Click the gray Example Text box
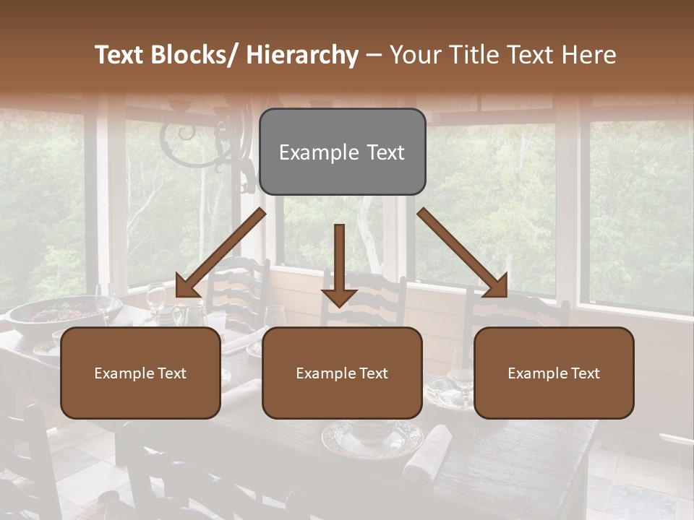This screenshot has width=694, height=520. (x=342, y=152)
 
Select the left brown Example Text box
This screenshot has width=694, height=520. (x=140, y=373)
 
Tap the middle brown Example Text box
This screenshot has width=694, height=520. (x=342, y=373)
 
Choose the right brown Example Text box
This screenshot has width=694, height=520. (x=554, y=373)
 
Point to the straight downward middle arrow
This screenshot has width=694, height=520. (x=339, y=264)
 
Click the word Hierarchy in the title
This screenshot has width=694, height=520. (x=302, y=55)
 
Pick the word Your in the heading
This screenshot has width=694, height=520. (x=417, y=55)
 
